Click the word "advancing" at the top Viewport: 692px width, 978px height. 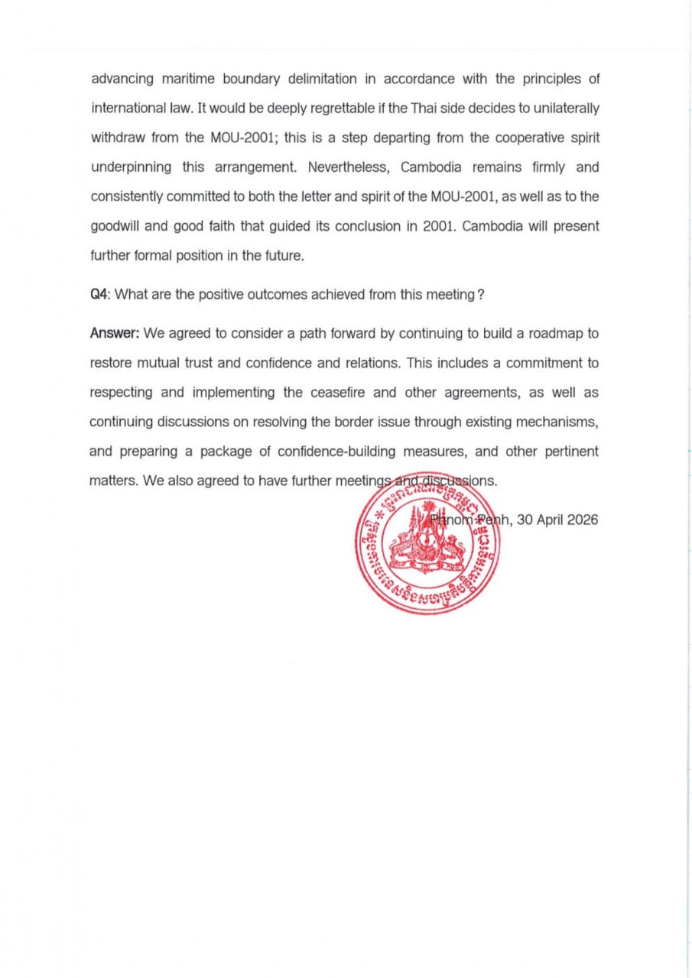pos(121,79)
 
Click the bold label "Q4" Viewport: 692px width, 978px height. pos(99,296)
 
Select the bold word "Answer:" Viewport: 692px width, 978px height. pos(114,333)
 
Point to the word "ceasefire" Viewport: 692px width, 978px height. pos(335,392)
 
